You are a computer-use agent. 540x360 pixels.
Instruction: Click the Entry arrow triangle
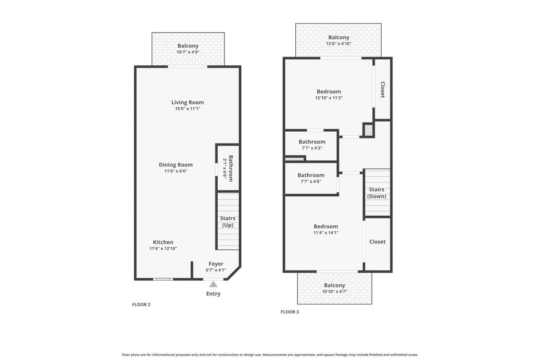coord(213,284)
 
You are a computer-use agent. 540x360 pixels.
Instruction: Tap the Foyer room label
coord(216,264)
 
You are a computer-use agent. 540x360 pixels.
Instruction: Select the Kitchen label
coord(163,242)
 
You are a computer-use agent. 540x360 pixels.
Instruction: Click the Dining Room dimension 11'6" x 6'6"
coord(175,171)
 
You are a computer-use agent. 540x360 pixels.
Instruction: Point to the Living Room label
coord(187,102)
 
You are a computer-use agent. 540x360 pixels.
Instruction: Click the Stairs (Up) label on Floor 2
coord(228,222)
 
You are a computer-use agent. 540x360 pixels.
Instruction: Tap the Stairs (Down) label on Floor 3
coord(377,193)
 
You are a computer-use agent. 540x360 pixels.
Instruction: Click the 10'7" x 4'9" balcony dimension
coord(188,52)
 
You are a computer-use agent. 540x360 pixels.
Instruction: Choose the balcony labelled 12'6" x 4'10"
coord(339,40)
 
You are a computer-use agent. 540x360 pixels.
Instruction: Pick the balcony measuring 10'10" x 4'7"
coord(335,288)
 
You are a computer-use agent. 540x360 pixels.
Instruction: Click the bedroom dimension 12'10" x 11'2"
coord(329,98)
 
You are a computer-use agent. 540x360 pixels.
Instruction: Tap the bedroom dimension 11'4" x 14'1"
coord(326,233)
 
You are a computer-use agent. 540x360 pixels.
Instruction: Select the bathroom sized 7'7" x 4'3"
coord(312,145)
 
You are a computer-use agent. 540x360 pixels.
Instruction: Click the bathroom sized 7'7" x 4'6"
coord(311,178)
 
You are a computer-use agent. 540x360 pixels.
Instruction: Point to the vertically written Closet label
coord(383,89)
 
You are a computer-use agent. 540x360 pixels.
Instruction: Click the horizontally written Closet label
coord(377,242)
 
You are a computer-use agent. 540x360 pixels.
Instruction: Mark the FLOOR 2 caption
coord(141,304)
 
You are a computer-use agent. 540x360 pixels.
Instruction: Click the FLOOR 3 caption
coord(290,312)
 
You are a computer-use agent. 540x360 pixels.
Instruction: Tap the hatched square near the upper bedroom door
coord(368,130)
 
